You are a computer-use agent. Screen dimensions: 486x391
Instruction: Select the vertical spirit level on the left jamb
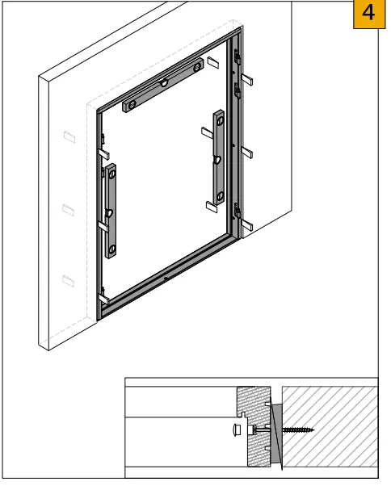111,209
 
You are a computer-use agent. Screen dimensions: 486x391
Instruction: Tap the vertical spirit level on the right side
217,157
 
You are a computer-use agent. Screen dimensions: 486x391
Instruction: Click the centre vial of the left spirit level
109,213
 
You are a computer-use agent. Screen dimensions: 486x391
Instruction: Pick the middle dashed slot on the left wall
68,210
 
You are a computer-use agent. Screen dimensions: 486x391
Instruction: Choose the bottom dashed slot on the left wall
68,280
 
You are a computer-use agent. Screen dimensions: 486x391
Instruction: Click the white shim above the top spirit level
212,61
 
